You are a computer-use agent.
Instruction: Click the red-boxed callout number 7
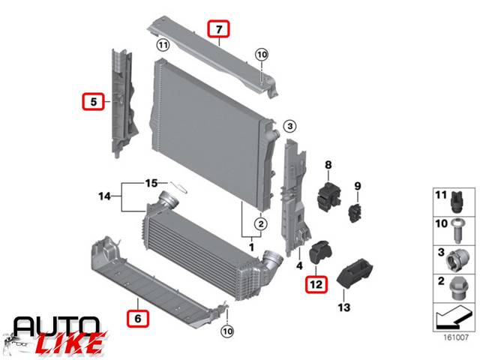click(x=218, y=28)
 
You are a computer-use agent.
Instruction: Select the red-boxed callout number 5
click(x=93, y=101)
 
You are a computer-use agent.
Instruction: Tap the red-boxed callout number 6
click(x=138, y=318)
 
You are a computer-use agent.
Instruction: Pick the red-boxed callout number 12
click(x=316, y=284)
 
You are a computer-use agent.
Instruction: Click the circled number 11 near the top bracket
click(x=163, y=46)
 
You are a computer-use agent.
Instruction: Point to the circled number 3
click(x=289, y=126)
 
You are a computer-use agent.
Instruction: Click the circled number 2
click(x=261, y=224)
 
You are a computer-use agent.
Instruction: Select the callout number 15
click(x=151, y=183)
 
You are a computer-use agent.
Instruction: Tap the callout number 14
click(x=104, y=196)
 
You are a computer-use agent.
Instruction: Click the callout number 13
click(x=344, y=307)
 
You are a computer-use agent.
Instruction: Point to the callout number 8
click(x=328, y=165)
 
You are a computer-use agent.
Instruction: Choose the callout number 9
click(x=358, y=186)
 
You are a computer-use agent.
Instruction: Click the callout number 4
click(x=299, y=265)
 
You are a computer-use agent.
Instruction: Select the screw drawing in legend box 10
click(x=458, y=230)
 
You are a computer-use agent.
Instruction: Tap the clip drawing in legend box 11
click(x=457, y=202)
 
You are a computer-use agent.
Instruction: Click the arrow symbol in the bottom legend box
click(x=453, y=317)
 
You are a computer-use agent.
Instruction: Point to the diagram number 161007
click(x=456, y=337)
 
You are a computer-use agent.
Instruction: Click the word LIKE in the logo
click(x=70, y=343)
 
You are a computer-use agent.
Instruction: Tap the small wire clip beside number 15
click(x=178, y=187)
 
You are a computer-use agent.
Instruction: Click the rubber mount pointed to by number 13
click(x=355, y=273)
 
